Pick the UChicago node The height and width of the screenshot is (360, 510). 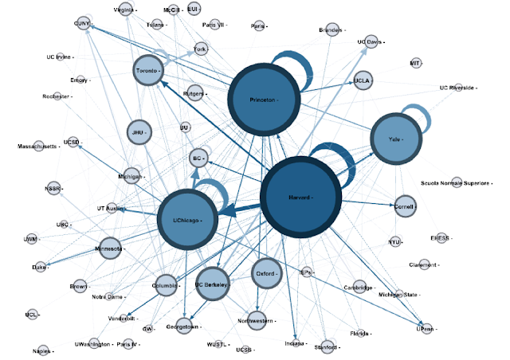coord(188,219)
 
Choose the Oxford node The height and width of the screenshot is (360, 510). coord(265,273)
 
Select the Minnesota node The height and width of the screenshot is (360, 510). coord(110,248)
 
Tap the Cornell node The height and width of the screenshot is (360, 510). coord(405,205)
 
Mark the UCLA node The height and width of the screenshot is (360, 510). coord(363,80)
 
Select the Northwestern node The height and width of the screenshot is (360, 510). coord(255,321)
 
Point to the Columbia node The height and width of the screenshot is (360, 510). coord(165,285)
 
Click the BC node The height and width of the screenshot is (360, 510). coord(198,158)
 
